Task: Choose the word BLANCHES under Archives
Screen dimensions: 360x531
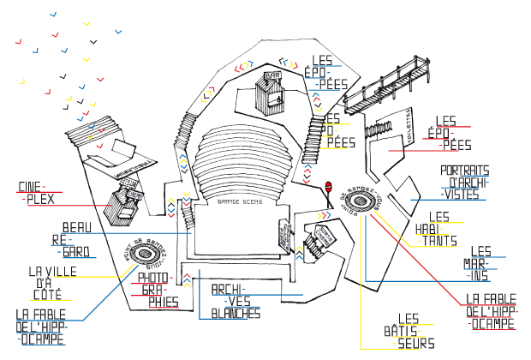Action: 236,314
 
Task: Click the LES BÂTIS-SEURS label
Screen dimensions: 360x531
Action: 414,330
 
